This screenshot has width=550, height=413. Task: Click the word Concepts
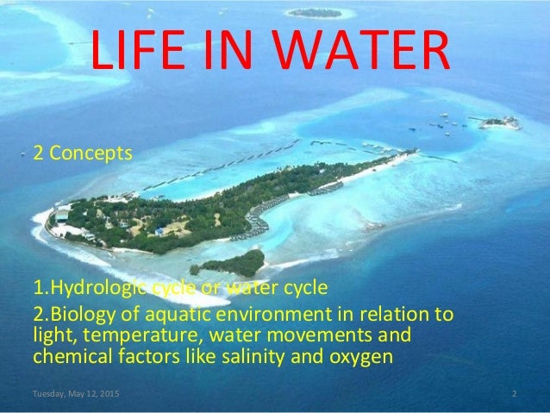90,155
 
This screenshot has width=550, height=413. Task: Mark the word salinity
220,354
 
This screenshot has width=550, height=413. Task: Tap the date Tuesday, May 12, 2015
77,394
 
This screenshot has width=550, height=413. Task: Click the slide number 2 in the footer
513,394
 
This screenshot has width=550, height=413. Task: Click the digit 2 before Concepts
38,155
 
